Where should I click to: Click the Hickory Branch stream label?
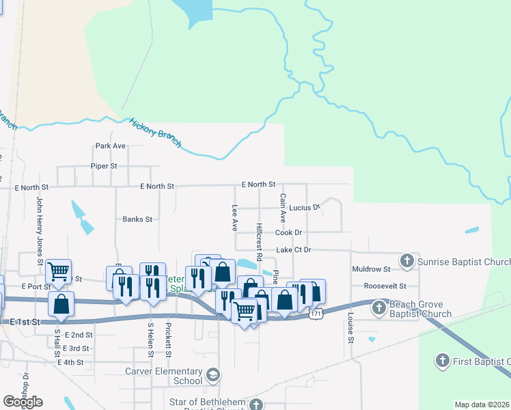(156, 131)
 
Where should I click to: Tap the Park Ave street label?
(110, 146)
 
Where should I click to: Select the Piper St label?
(104, 166)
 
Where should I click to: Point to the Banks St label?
(137, 219)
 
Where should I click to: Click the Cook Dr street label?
(288, 233)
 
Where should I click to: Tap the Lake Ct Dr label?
(293, 250)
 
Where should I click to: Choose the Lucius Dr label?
(304, 207)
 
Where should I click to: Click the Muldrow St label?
(372, 269)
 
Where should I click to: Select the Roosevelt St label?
(385, 286)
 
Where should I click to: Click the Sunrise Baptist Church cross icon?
(407, 260)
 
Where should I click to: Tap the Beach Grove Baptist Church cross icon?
(380, 309)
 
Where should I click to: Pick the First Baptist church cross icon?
(442, 360)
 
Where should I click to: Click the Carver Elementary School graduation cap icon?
(213, 375)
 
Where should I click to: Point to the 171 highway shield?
(315, 314)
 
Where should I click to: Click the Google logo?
(23, 402)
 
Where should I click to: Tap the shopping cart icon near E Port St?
(58, 271)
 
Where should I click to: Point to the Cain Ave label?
(282, 208)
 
